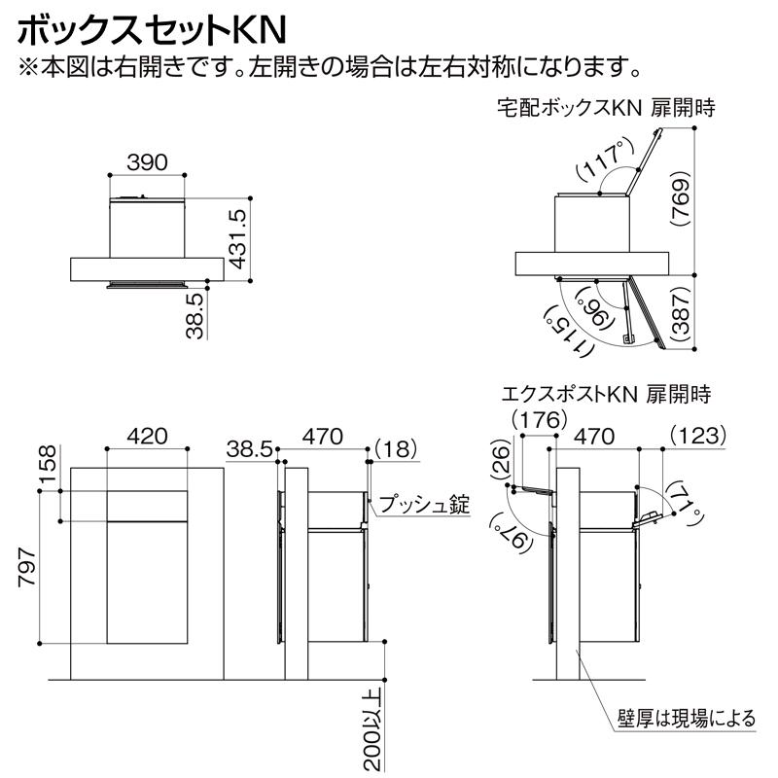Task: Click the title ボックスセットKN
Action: click(x=151, y=28)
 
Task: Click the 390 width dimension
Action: click(x=147, y=161)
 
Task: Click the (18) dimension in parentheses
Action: click(x=394, y=448)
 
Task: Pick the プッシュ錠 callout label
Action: click(x=424, y=505)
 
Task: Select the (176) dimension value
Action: click(x=539, y=420)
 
